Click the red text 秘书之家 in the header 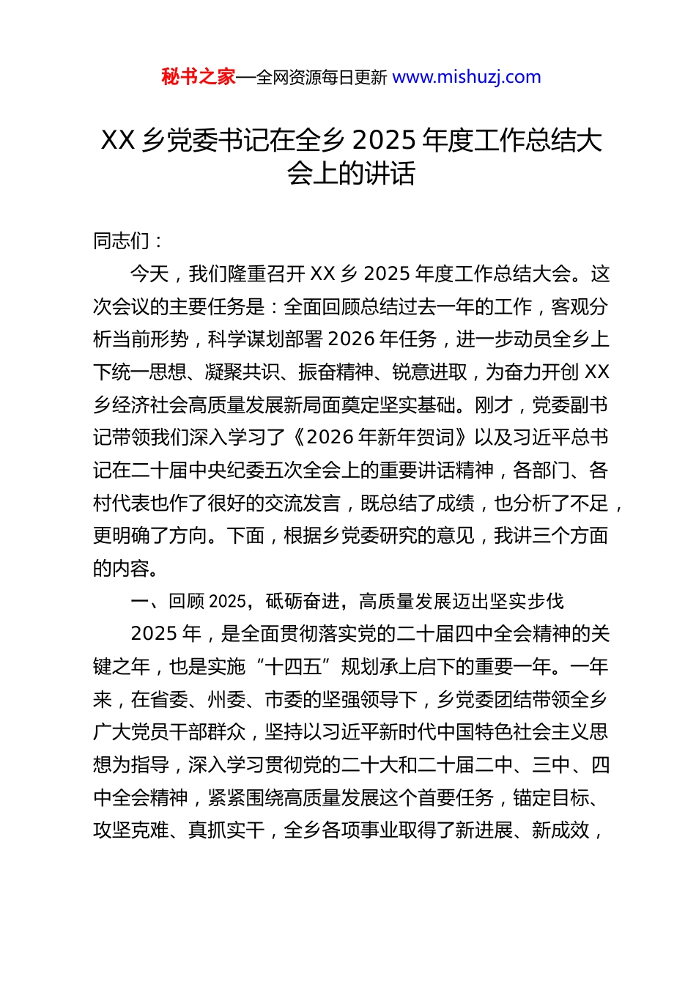[x=199, y=77]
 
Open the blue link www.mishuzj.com [x=467, y=77]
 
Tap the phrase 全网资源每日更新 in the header [x=321, y=77]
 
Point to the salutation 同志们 [x=121, y=240]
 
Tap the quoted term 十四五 [x=292, y=666]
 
